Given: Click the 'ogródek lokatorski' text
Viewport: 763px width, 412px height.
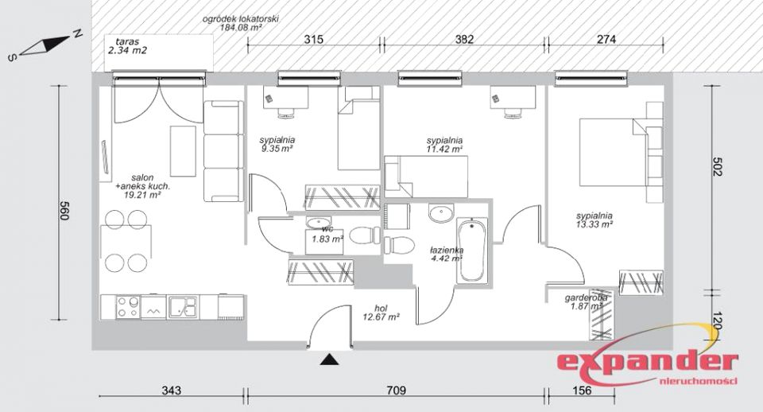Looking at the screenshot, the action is coord(240,19).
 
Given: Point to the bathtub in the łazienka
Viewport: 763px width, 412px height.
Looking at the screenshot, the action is coord(471,250).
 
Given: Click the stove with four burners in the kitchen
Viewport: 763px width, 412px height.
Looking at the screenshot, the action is coord(128,307).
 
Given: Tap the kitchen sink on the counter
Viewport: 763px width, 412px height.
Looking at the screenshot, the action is coord(183,307).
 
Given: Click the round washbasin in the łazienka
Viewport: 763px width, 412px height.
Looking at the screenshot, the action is coord(441,213).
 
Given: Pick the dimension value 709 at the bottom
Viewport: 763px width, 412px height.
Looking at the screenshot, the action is coord(396,390).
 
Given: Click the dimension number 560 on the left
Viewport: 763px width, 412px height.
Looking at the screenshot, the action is coord(64,211).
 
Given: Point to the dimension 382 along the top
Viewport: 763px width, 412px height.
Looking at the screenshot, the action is coord(463,40).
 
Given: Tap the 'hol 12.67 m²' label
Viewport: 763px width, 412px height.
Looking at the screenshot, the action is coord(381,312).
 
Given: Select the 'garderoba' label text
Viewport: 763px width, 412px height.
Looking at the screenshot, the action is coord(586,298).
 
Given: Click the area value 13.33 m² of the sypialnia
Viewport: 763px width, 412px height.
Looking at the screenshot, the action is coord(594,224).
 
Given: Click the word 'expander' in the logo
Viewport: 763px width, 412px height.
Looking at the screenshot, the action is coord(647,363).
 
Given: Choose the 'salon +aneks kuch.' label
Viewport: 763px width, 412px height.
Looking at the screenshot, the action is coord(142,181).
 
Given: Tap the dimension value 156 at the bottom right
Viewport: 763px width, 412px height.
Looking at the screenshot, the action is coord(582,390).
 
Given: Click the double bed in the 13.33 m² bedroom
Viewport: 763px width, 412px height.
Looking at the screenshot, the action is coord(613,153).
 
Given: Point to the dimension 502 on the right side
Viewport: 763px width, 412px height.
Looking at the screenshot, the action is coord(717,166).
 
